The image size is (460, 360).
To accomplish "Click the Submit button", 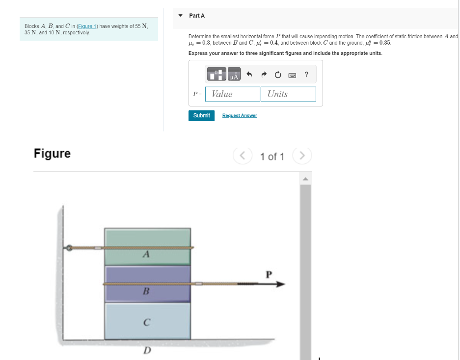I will coord(201,115).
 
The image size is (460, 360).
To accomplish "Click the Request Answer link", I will coord(239,115).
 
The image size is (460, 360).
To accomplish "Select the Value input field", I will coord(233,94).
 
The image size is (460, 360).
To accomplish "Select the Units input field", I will coord(289,94).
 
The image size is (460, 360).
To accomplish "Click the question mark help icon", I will coord(306,75).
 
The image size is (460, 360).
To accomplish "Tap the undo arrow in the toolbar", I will coord(249,75).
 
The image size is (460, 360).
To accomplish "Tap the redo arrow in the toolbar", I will coord(263,75).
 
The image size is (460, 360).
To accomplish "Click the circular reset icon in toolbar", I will coord(278,75).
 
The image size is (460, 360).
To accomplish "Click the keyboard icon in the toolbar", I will coord(292,75).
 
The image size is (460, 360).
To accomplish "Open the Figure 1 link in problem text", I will coord(87,26).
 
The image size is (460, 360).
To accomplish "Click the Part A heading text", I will coord(197,16).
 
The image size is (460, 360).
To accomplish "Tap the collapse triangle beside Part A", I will coord(180,16).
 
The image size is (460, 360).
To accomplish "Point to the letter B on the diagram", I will coord(145,291).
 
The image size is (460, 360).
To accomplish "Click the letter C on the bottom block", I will coord(146,322).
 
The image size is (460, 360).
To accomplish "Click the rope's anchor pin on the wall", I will coord(70,248).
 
